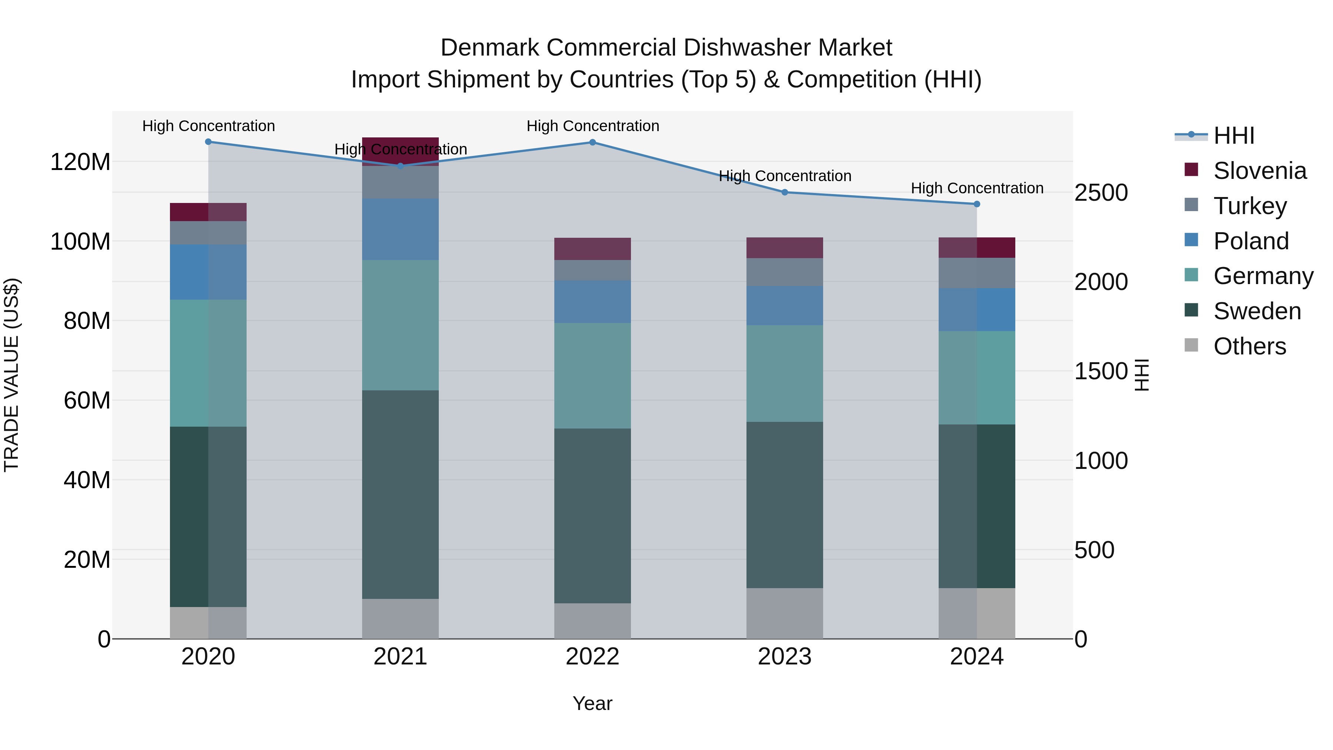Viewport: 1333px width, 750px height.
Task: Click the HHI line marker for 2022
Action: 592,142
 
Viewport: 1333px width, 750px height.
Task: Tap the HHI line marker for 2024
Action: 976,204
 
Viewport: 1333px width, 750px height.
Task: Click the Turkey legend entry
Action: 1249,206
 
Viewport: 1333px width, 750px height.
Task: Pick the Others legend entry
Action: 1249,346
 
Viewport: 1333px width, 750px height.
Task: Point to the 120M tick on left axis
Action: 80,162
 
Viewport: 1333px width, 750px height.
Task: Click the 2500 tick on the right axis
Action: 1101,193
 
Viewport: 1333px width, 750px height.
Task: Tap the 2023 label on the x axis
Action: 785,657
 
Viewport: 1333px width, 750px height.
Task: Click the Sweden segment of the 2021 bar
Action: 400,494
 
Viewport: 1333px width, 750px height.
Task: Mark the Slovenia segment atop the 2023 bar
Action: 785,248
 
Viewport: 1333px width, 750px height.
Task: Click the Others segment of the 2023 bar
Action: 785,613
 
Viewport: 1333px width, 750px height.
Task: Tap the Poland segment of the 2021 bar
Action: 400,229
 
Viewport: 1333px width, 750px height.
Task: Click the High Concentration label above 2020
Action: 208,126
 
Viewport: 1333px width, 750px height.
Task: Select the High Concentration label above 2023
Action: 785,176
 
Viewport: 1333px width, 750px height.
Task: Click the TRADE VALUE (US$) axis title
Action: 11,375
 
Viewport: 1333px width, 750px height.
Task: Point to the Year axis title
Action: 592,703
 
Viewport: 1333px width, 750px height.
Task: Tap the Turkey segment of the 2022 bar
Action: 592,270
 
